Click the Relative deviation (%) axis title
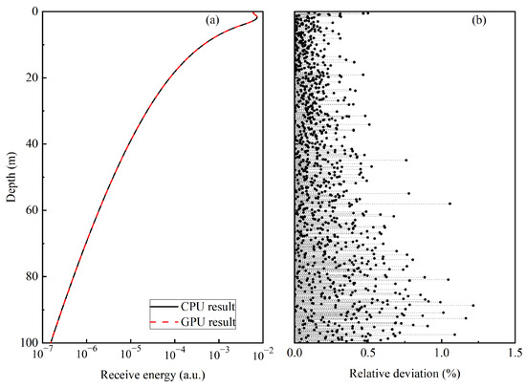(404, 376)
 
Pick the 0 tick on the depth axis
(33, 12)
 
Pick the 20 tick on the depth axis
(30, 78)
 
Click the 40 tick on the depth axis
(30, 144)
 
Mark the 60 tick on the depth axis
(30, 210)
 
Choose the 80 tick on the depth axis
(30, 276)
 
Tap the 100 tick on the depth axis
(27, 342)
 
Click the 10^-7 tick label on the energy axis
(43, 356)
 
